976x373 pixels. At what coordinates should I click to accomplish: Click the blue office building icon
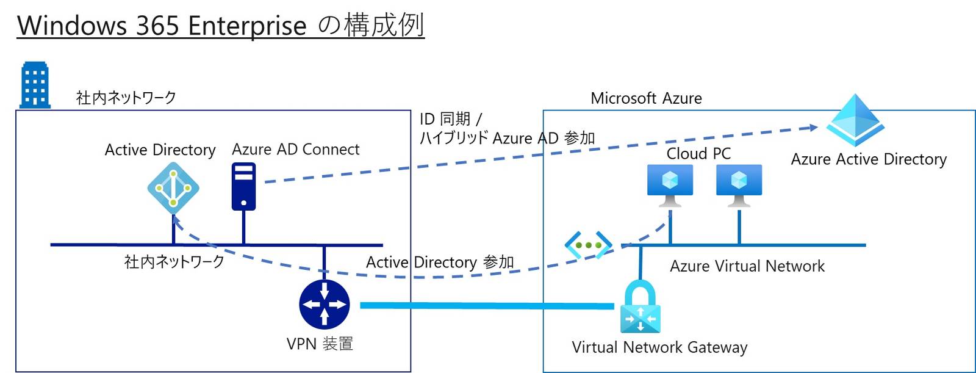click(x=35, y=85)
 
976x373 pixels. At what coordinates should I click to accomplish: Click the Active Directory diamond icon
click(x=173, y=188)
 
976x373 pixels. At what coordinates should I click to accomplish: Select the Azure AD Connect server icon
click(x=244, y=187)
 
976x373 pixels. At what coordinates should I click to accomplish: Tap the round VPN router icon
click(x=325, y=304)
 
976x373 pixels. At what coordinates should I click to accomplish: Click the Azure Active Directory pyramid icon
click(x=855, y=120)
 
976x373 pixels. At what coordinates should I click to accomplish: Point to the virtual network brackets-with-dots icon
click(x=588, y=245)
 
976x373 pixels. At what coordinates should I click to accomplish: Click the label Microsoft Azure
click(x=646, y=98)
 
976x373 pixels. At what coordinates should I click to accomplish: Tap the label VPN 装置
click(x=320, y=344)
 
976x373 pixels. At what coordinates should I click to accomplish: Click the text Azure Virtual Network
click(x=747, y=266)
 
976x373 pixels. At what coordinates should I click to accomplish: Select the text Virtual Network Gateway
click(x=659, y=347)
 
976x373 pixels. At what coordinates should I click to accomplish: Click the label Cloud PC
click(x=698, y=154)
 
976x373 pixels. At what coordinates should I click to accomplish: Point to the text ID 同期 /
click(x=450, y=119)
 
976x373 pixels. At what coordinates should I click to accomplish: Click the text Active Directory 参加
click(x=440, y=263)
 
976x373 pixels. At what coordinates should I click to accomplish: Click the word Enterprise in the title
click(x=247, y=26)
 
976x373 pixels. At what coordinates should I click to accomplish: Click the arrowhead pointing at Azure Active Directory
click(x=813, y=128)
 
